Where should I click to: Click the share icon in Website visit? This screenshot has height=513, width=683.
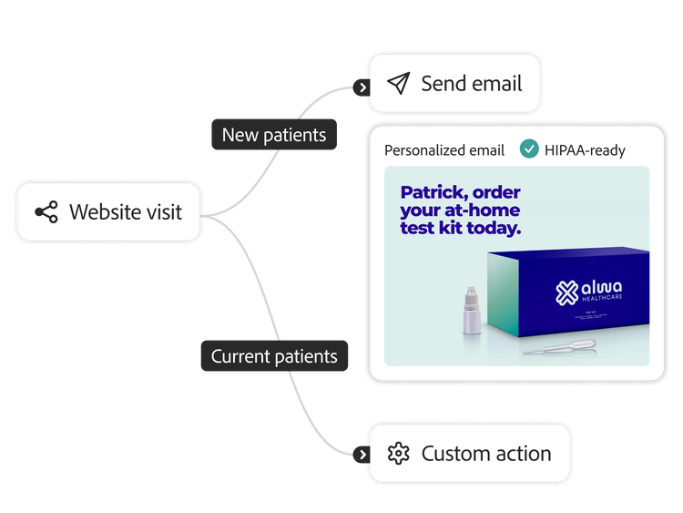click(x=46, y=212)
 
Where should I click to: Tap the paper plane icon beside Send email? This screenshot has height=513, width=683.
click(x=398, y=84)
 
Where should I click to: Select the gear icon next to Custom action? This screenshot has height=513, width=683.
click(x=398, y=453)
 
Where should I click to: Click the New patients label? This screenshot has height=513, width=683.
click(x=274, y=135)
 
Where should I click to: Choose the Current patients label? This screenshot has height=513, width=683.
click(x=274, y=356)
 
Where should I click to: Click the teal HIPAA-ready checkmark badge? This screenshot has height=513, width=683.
click(x=528, y=149)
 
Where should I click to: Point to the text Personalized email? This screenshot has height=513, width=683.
click(x=443, y=150)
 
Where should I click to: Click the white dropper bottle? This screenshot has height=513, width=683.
click(x=470, y=309)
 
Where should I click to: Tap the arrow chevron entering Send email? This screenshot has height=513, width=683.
click(x=362, y=88)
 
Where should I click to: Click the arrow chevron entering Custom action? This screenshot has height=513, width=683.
click(x=362, y=454)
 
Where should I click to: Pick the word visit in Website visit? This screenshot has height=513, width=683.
click(x=154, y=212)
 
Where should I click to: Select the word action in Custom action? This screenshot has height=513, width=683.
click(x=521, y=453)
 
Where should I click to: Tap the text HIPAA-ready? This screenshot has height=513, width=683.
click(x=585, y=150)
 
